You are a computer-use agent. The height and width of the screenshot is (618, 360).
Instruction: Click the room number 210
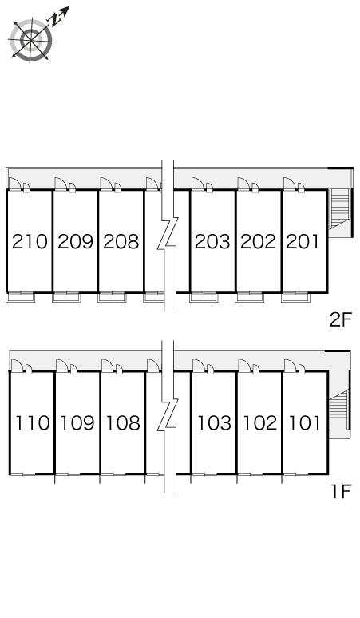[x=30, y=242]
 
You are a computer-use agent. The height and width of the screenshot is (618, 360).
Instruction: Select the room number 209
[x=75, y=242]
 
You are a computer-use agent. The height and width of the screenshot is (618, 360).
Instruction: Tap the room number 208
[x=121, y=242]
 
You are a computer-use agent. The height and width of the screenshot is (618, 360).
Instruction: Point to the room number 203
[x=212, y=242]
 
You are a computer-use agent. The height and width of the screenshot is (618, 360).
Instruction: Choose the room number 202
[x=258, y=242]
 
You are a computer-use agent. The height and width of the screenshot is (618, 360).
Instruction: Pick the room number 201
[x=303, y=242]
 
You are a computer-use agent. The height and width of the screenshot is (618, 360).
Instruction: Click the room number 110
[x=33, y=423]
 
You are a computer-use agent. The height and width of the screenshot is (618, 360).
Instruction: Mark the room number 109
[x=77, y=423]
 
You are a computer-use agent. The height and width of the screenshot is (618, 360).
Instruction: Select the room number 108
[x=123, y=423]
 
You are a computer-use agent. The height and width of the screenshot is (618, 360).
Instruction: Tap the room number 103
[x=215, y=423]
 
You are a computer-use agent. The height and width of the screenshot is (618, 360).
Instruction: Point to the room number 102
[x=260, y=423]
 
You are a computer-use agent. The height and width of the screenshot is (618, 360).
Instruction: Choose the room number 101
[x=305, y=423]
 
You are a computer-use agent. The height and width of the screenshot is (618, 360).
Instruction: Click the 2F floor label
[x=340, y=319]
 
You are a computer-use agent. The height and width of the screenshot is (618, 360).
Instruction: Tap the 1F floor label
[x=341, y=492]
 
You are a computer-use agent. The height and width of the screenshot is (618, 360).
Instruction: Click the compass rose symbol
[x=31, y=40]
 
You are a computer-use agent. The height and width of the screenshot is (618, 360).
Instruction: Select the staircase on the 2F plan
[x=339, y=209]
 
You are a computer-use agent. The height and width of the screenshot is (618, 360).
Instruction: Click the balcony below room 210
[x=21, y=298]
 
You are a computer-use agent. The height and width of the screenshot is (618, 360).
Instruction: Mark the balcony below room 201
[x=296, y=298]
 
